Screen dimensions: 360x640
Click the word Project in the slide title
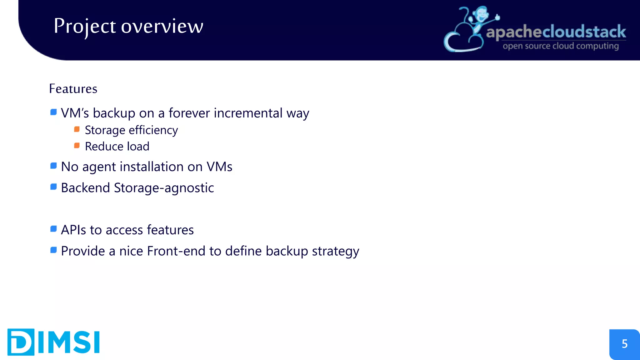pos(85,26)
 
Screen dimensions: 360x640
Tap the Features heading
pos(73,89)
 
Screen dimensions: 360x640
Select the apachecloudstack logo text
pos(556,32)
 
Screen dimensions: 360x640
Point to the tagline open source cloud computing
pos(561,46)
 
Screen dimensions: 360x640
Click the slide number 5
pos(624,344)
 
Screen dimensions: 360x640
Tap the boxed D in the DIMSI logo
pos(21,342)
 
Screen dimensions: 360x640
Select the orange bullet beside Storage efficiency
pos(77,129)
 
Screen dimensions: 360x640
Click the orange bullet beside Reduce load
pos(77,146)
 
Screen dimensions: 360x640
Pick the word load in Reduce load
pos(138,147)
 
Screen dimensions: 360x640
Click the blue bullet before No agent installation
pos(53,166)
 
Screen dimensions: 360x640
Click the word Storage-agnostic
pos(164,188)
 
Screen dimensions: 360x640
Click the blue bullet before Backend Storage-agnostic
pos(53,187)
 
